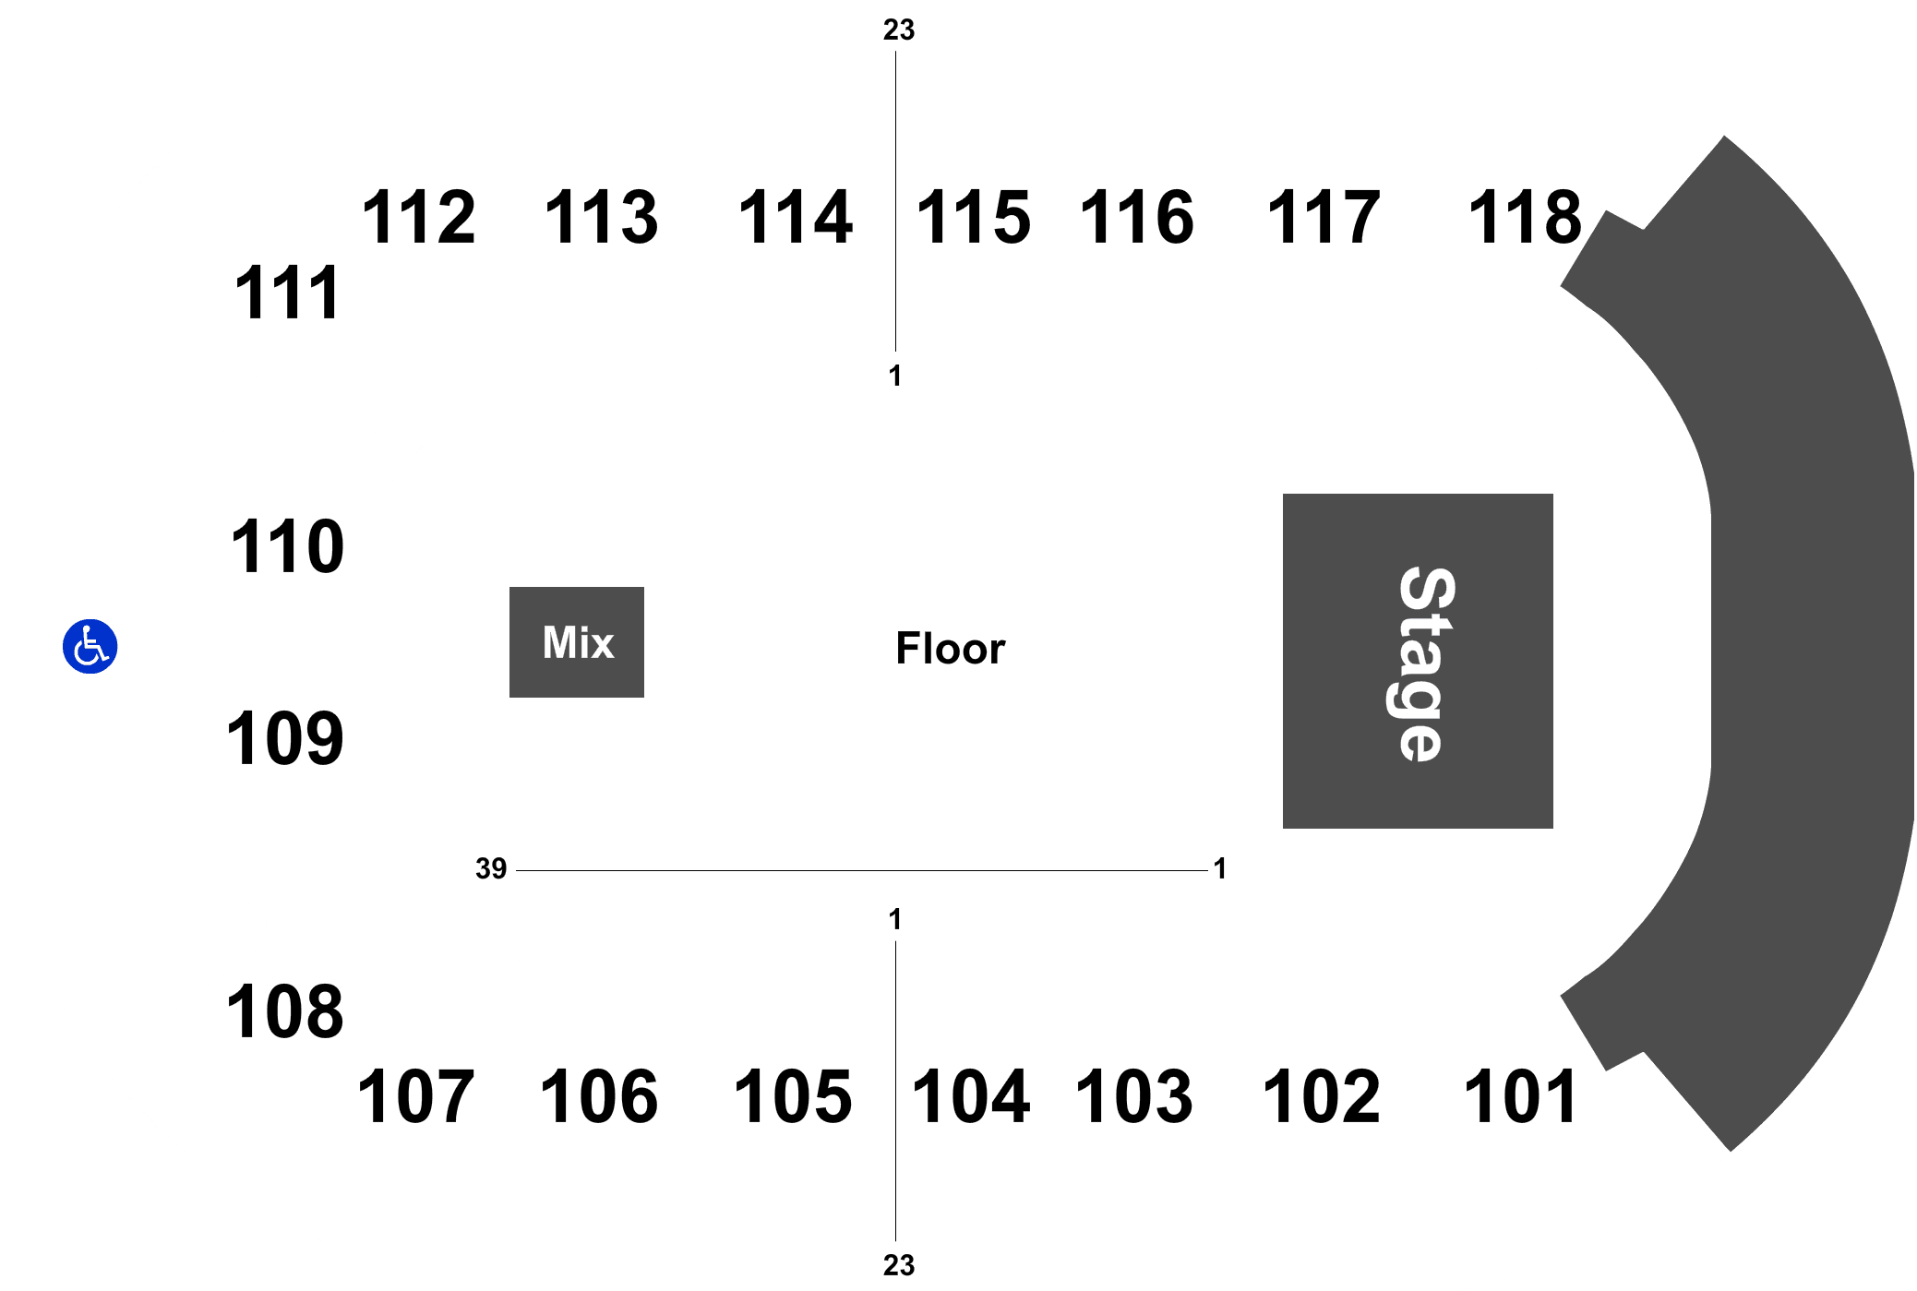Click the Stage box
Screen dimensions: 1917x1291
pos(1418,661)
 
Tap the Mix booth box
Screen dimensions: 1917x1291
pos(577,642)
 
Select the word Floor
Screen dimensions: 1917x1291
pos(951,649)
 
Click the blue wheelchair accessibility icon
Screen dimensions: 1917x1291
pos(90,646)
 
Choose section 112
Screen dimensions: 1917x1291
pos(419,218)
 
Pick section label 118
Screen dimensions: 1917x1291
pos(1525,218)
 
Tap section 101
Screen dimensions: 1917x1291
pos(1521,1097)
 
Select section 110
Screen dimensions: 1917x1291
pos(287,547)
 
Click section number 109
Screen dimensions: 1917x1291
pos(285,739)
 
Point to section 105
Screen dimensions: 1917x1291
pos(793,1097)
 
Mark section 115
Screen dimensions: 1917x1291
pos(974,218)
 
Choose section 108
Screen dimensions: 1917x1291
pos(285,1012)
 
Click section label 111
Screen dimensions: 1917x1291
pos(287,293)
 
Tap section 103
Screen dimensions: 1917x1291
pos(1134,1097)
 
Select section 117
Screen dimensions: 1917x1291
pos(1324,218)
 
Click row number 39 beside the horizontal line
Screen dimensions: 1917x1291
pos(491,868)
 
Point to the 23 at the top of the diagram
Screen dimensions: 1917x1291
pos(899,30)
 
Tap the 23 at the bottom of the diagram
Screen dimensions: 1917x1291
pos(899,1265)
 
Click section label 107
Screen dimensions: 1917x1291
pos(416,1097)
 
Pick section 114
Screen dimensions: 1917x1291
pos(796,218)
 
